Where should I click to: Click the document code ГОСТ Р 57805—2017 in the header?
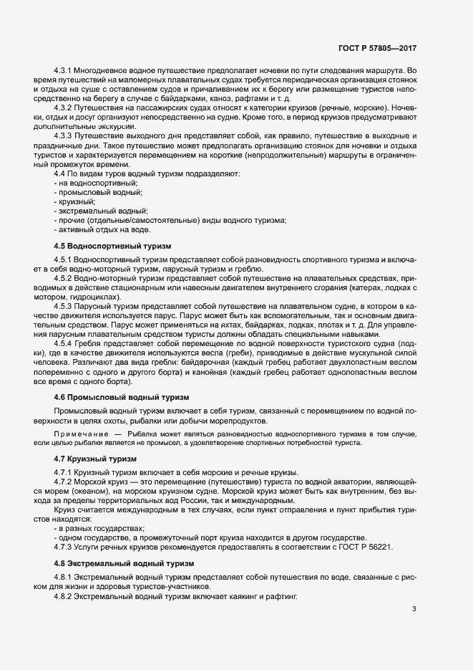pos(378,49)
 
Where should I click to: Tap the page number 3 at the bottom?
pos(414,610)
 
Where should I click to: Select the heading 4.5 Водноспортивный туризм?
pos(113,246)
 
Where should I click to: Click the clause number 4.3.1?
pos(64,70)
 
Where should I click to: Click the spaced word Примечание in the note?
pos(80,434)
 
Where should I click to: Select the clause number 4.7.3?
pos(64,548)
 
